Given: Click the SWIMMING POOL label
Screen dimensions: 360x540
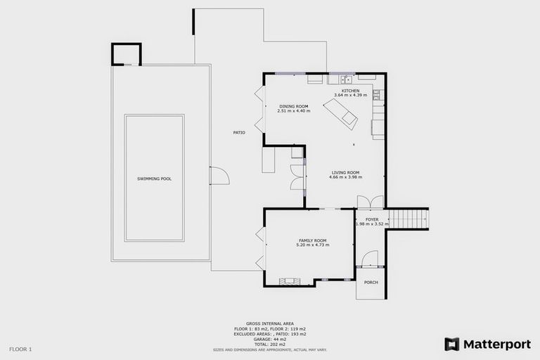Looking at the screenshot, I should [154, 179].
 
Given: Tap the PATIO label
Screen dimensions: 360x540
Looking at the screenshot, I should [239, 133].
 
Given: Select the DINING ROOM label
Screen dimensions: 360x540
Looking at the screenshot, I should [292, 106].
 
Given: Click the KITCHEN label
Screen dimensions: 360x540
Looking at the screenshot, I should [350, 91].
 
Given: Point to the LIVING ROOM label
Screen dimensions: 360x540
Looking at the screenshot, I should [345, 172].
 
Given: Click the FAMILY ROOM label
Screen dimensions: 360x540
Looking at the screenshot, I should [312, 240].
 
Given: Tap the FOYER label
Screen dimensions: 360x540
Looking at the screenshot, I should [372, 219].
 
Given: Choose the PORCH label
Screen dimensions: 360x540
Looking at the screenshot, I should [371, 283].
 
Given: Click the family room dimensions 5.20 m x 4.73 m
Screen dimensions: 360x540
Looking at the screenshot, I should [312, 245].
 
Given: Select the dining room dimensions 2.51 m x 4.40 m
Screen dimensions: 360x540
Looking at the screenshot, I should [292, 111].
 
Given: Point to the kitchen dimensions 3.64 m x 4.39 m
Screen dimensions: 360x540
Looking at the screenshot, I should [350, 96].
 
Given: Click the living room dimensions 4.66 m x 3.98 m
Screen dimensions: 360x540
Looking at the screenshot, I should [345, 177].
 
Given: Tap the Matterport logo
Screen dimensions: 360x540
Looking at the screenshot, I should [487, 345].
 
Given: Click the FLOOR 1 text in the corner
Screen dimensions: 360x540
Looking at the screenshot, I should [20, 349].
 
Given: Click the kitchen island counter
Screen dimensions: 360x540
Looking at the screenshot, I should [340, 112].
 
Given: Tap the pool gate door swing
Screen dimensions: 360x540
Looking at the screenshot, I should [219, 175].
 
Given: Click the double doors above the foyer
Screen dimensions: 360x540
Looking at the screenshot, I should [371, 202].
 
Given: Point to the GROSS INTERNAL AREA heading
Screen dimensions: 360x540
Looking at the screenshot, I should [270, 324].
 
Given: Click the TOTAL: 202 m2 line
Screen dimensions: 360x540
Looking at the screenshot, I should [270, 344].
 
